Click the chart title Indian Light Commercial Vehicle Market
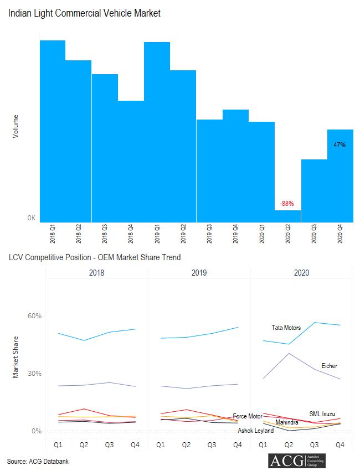[x=84, y=13]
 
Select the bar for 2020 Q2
[x=287, y=216]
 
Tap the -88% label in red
[x=287, y=204]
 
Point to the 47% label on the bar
[x=340, y=145]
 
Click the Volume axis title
[x=16, y=126]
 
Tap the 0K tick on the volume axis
[x=32, y=218]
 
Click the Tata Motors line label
[x=286, y=328]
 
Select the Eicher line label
[x=329, y=366]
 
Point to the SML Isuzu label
[x=322, y=414]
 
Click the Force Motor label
[x=248, y=416]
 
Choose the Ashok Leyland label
[x=256, y=430]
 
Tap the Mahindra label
[x=287, y=422]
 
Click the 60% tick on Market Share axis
[x=35, y=316]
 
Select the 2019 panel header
[x=199, y=273]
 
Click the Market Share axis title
[x=16, y=357]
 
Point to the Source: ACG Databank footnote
[x=38, y=461]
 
